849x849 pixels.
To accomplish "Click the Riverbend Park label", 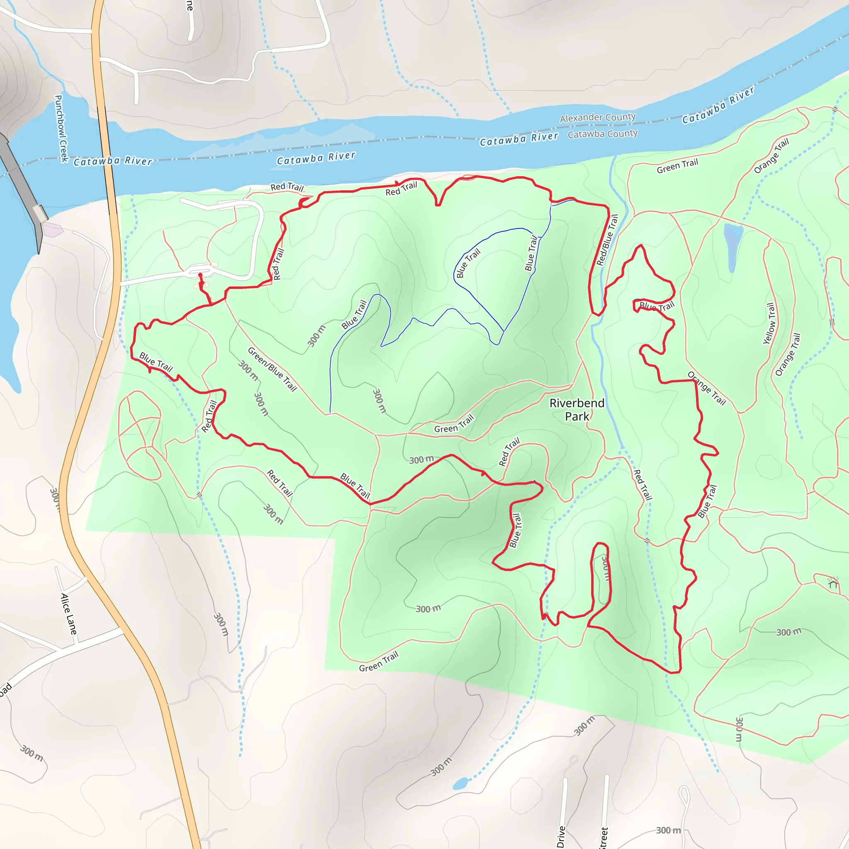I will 577,410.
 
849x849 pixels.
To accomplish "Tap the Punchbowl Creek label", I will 61,128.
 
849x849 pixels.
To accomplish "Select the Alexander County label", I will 597,117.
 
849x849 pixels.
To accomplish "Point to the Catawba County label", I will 602,134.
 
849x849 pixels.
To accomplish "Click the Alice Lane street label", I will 68,614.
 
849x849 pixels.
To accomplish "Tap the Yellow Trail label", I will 769,323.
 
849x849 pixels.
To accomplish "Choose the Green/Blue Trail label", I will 272,369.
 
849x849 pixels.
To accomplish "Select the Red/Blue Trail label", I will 607,240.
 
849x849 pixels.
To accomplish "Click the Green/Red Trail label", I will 272,369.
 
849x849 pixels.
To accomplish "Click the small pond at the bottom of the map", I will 461,784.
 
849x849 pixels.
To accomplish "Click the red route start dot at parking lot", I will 200,275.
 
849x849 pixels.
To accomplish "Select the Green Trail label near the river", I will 677,166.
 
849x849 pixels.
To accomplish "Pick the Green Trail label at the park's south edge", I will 378,662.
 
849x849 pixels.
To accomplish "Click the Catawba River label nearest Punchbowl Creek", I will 113,161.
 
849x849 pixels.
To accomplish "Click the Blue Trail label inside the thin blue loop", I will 468,263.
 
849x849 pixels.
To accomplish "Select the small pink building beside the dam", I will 52,229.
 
